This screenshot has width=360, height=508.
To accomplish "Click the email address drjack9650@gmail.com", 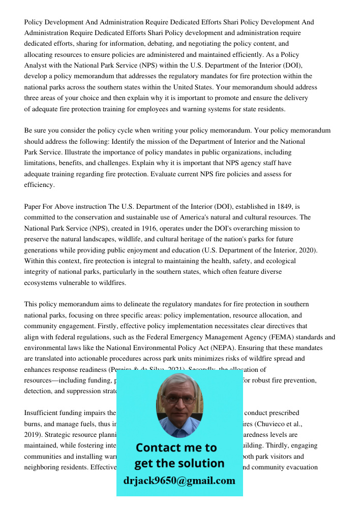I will pos(179,480).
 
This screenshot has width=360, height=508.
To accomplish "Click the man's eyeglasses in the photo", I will pos(179,399).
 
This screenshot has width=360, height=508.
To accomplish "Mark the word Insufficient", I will pos(43,413).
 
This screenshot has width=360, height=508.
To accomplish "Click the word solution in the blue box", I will pos(202,463).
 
